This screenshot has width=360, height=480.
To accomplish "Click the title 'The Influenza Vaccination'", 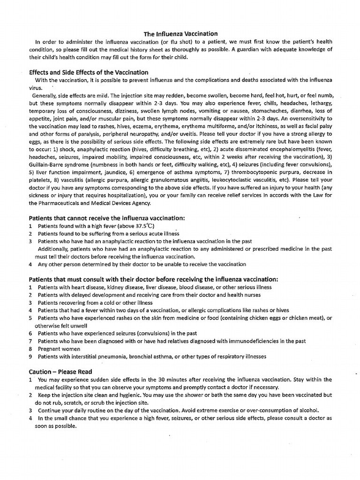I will coord(180,34).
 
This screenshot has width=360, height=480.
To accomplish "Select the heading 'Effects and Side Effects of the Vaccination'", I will coord(89,72).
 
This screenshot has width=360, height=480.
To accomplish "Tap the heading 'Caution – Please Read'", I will coord(60,372).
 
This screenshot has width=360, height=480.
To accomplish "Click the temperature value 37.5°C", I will coord(142,226).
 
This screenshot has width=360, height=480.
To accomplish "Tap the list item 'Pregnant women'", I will coord(59,349).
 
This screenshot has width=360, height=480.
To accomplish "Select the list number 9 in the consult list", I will coord(30,356).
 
